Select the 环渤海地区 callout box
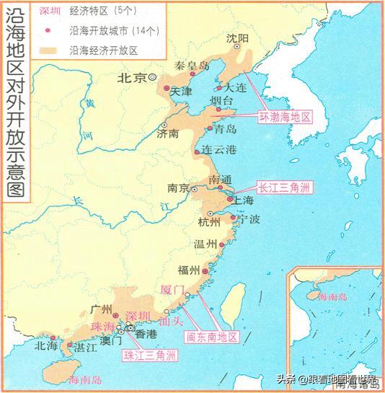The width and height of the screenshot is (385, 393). point(286,115)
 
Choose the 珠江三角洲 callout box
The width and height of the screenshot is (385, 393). point(149,356)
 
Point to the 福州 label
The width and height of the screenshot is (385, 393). point(188,270)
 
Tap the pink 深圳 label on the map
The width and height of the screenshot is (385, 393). point(138,315)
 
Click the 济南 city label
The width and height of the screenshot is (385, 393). point(168,133)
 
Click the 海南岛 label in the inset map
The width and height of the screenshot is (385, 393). point(332,296)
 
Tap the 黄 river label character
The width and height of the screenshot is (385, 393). point(89,103)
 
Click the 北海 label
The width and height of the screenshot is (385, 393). point(46,345)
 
